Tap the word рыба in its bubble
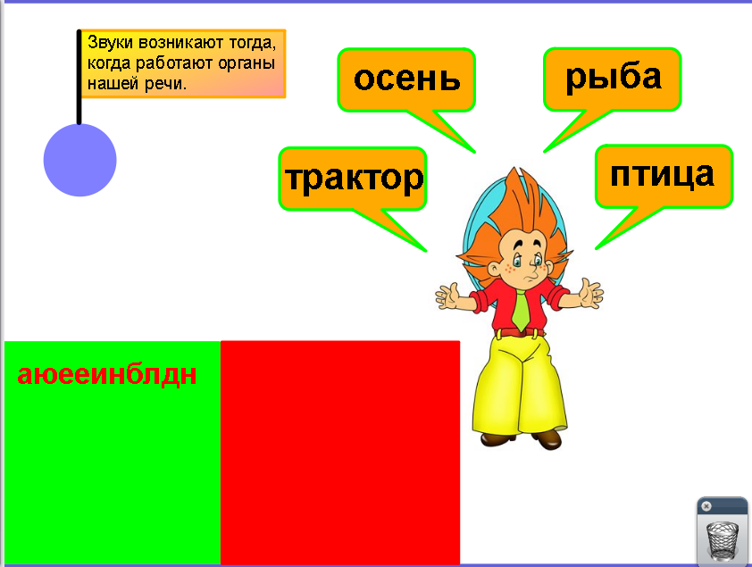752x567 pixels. tap(614, 78)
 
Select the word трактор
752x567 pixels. tap(354, 179)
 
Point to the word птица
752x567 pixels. tap(662, 175)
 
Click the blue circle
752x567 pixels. tap(80, 160)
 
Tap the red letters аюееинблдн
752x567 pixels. tap(107, 375)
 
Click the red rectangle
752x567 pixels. tap(340, 453)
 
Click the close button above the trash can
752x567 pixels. tap(706, 506)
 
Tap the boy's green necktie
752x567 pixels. tap(521, 309)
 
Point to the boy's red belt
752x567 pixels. tap(520, 332)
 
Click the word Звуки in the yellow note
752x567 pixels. tap(110, 43)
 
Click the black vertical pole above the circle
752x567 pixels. tap(79, 78)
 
